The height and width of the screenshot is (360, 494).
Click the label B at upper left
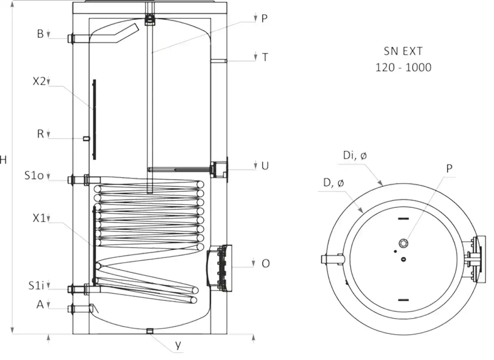(x=40, y=34)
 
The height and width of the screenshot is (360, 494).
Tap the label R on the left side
(x=40, y=134)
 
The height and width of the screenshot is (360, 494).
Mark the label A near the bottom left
(x=40, y=304)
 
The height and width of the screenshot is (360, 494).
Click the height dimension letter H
(x=3, y=160)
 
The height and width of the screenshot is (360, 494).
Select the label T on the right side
(x=265, y=58)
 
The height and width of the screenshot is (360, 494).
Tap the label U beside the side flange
(x=265, y=165)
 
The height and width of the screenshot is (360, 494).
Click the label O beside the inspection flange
(x=266, y=263)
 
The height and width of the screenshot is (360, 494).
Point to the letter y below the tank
(x=178, y=346)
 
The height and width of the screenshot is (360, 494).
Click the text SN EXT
(x=403, y=51)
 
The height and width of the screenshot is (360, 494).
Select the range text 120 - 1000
(x=403, y=67)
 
